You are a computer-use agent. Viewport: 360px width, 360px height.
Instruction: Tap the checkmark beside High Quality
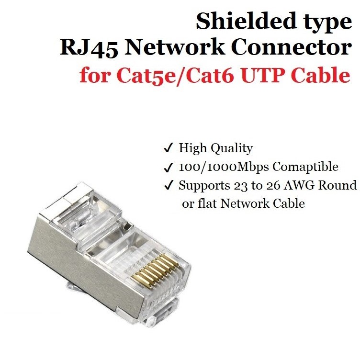click(169, 149)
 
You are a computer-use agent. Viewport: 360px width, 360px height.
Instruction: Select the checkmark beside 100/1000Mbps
click(169, 168)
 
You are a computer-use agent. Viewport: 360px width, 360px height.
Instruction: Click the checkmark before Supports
click(169, 186)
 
